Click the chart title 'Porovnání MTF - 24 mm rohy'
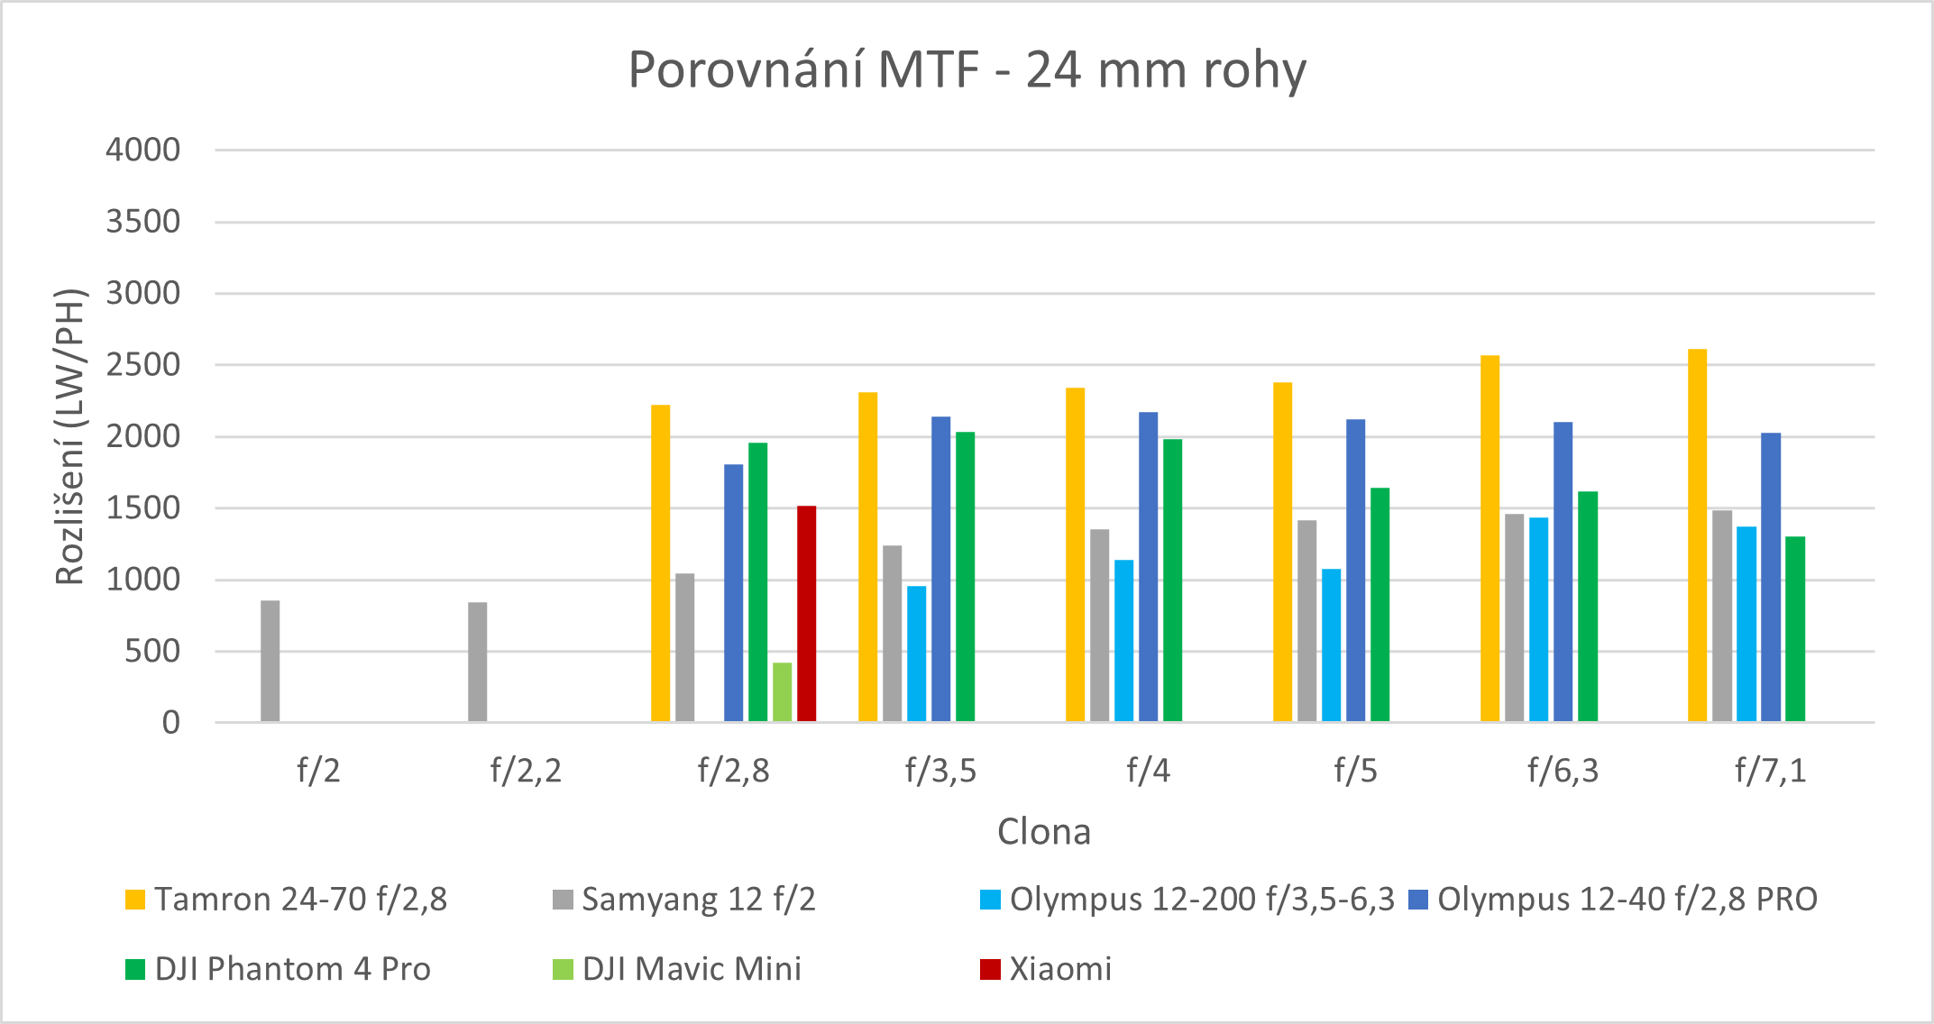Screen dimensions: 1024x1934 click(x=967, y=69)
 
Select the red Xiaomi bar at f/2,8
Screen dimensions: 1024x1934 click(x=806, y=613)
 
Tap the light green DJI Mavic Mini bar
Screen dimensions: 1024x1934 click(x=782, y=691)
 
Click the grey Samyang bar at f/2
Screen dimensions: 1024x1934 click(x=270, y=661)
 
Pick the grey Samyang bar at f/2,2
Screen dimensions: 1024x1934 click(x=478, y=662)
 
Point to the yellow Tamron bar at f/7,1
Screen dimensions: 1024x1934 click(x=1697, y=535)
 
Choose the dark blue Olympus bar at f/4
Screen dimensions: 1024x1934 click(x=1148, y=566)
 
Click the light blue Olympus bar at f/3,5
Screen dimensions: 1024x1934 click(x=916, y=654)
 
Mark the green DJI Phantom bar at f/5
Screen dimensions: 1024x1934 click(x=1379, y=604)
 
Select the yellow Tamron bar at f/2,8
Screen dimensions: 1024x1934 click(x=661, y=563)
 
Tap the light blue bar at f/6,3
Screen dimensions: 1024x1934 click(x=1538, y=619)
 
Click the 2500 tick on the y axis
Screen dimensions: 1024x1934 click(x=143, y=365)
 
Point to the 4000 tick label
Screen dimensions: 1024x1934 click(x=143, y=150)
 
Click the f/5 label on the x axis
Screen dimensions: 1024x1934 click(x=1355, y=771)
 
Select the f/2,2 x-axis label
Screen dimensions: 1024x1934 click(x=526, y=771)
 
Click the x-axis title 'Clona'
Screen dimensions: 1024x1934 click(x=1043, y=831)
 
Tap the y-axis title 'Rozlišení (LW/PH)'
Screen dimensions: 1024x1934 click(x=70, y=437)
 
